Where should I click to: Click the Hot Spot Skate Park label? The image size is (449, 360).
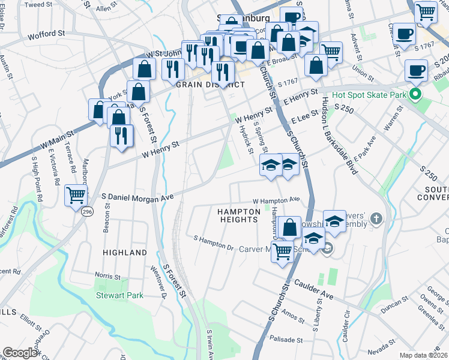[x=367, y=95]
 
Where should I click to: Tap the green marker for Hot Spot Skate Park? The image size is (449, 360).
[x=414, y=94]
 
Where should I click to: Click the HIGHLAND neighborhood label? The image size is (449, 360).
[x=125, y=253]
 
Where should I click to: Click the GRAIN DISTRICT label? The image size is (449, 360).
[x=210, y=85]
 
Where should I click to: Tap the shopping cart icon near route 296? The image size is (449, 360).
[x=76, y=194]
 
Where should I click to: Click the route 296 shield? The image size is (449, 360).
[x=88, y=211]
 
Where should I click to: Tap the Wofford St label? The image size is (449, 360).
[x=41, y=35]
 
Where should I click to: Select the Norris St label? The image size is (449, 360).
[x=107, y=277]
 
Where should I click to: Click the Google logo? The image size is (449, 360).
[x=20, y=353]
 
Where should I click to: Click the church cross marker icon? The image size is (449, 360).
[x=376, y=217]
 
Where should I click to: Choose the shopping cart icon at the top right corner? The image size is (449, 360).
[x=426, y=11]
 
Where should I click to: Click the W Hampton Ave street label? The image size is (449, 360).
[x=276, y=200]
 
